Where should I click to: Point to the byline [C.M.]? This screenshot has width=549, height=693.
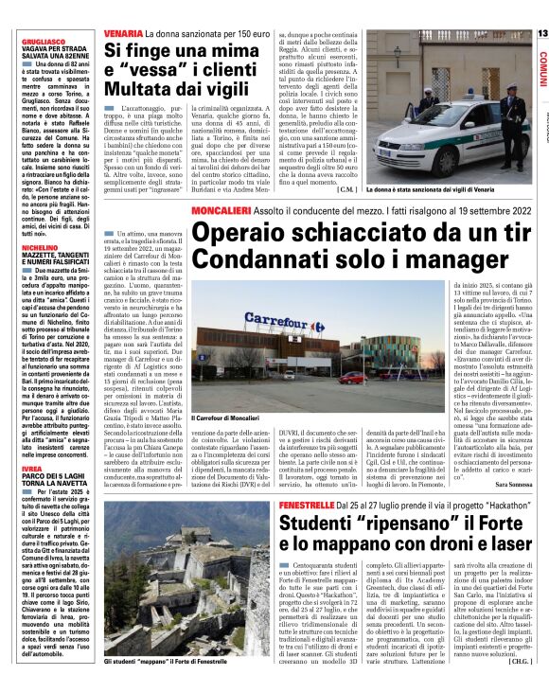pyautogui.click(x=346, y=189)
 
